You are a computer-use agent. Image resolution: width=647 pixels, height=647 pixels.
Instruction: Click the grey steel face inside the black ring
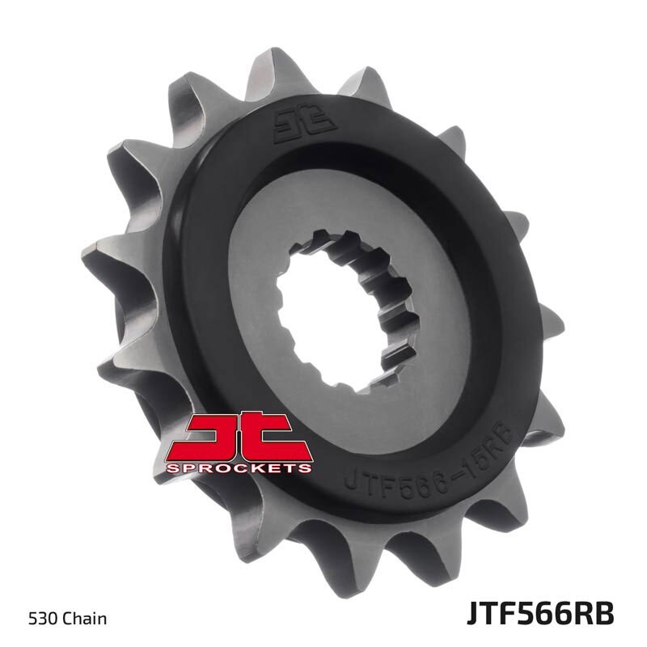[453, 323]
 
